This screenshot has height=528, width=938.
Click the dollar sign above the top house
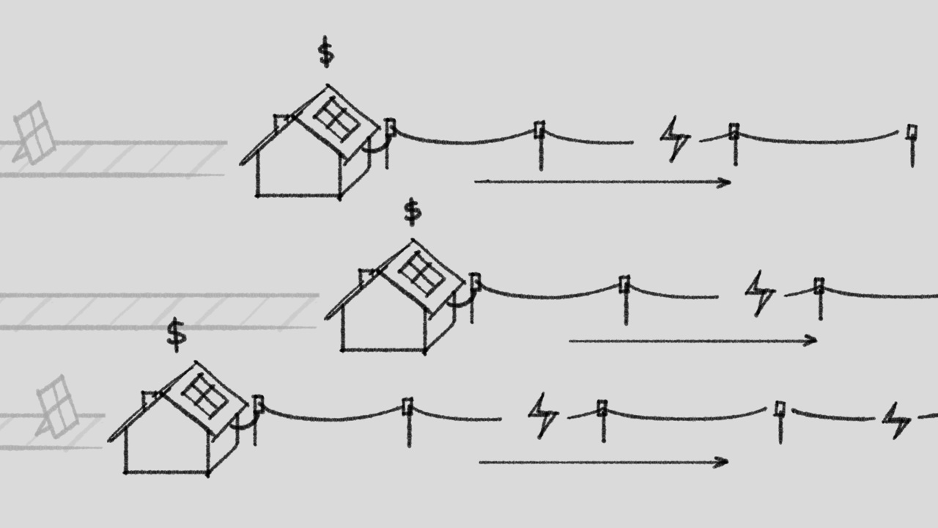tap(326, 54)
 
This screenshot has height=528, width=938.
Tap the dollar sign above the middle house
tap(413, 211)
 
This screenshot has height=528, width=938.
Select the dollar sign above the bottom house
tap(176, 334)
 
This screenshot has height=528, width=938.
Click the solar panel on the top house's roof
tap(336, 120)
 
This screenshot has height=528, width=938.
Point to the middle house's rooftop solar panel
tap(421, 273)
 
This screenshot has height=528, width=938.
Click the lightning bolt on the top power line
tap(674, 139)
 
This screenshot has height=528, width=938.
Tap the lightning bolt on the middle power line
tap(759, 293)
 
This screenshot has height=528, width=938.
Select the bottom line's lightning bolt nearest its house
tap(542, 415)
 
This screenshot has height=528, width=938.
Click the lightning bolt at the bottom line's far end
tap(895, 419)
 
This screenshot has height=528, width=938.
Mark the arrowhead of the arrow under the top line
tap(727, 182)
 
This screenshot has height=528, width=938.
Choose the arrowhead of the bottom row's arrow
tap(723, 461)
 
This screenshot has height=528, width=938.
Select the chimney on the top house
tap(281, 122)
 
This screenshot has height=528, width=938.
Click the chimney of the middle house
tap(366, 277)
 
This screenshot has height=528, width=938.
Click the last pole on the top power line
tap(912, 143)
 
